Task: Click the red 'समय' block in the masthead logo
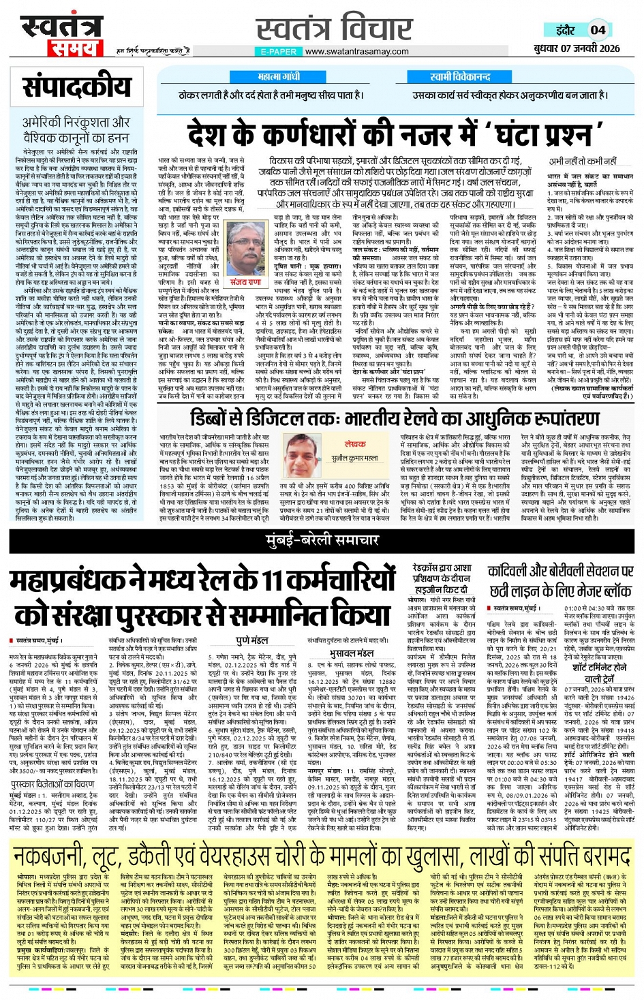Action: pos(74,48)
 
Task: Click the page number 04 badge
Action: pos(598,30)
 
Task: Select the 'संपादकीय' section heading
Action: pos(77,87)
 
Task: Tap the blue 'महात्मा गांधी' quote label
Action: pos(279,77)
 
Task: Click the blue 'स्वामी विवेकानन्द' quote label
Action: pos(460,77)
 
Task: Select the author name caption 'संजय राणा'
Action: pos(245,281)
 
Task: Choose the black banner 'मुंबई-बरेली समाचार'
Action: pos(322,541)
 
